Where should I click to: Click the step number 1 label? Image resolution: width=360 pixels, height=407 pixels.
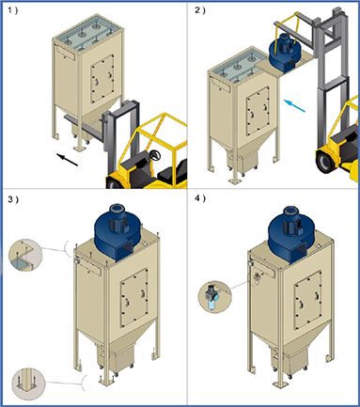coord(13,10)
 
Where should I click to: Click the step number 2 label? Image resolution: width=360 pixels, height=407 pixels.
coord(199,10)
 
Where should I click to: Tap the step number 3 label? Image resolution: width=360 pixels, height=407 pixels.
coord(13,199)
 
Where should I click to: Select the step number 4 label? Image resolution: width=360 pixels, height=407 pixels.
coord(200,198)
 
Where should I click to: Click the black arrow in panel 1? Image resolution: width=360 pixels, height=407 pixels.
coord(67,160)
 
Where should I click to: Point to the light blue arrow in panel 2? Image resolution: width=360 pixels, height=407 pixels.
coord(294,105)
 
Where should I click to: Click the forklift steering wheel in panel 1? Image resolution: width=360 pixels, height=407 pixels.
coord(155,155)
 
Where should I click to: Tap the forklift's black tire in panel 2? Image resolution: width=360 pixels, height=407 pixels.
coord(325,163)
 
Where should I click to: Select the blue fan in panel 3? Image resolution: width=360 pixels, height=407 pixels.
coord(117,233)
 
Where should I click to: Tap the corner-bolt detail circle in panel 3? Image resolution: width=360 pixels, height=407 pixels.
coord(25,256)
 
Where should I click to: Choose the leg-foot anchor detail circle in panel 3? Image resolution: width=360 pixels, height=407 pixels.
coord(28,384)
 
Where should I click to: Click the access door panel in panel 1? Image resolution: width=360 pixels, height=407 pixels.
coord(102,79)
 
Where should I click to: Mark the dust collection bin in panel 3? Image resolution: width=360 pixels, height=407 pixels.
coord(121,361)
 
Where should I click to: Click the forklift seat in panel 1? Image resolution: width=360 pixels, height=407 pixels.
coord(175,172)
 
